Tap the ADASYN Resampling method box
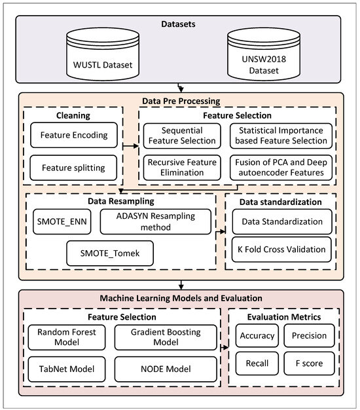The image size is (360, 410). click(156, 222)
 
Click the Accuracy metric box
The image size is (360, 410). click(257, 335)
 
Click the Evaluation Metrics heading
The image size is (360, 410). click(284, 316)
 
